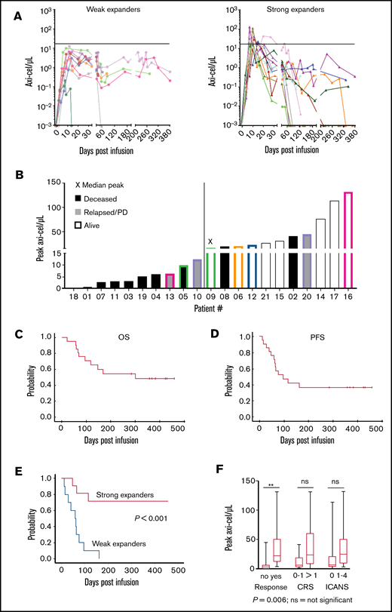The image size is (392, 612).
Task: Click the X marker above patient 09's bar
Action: [210, 242]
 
